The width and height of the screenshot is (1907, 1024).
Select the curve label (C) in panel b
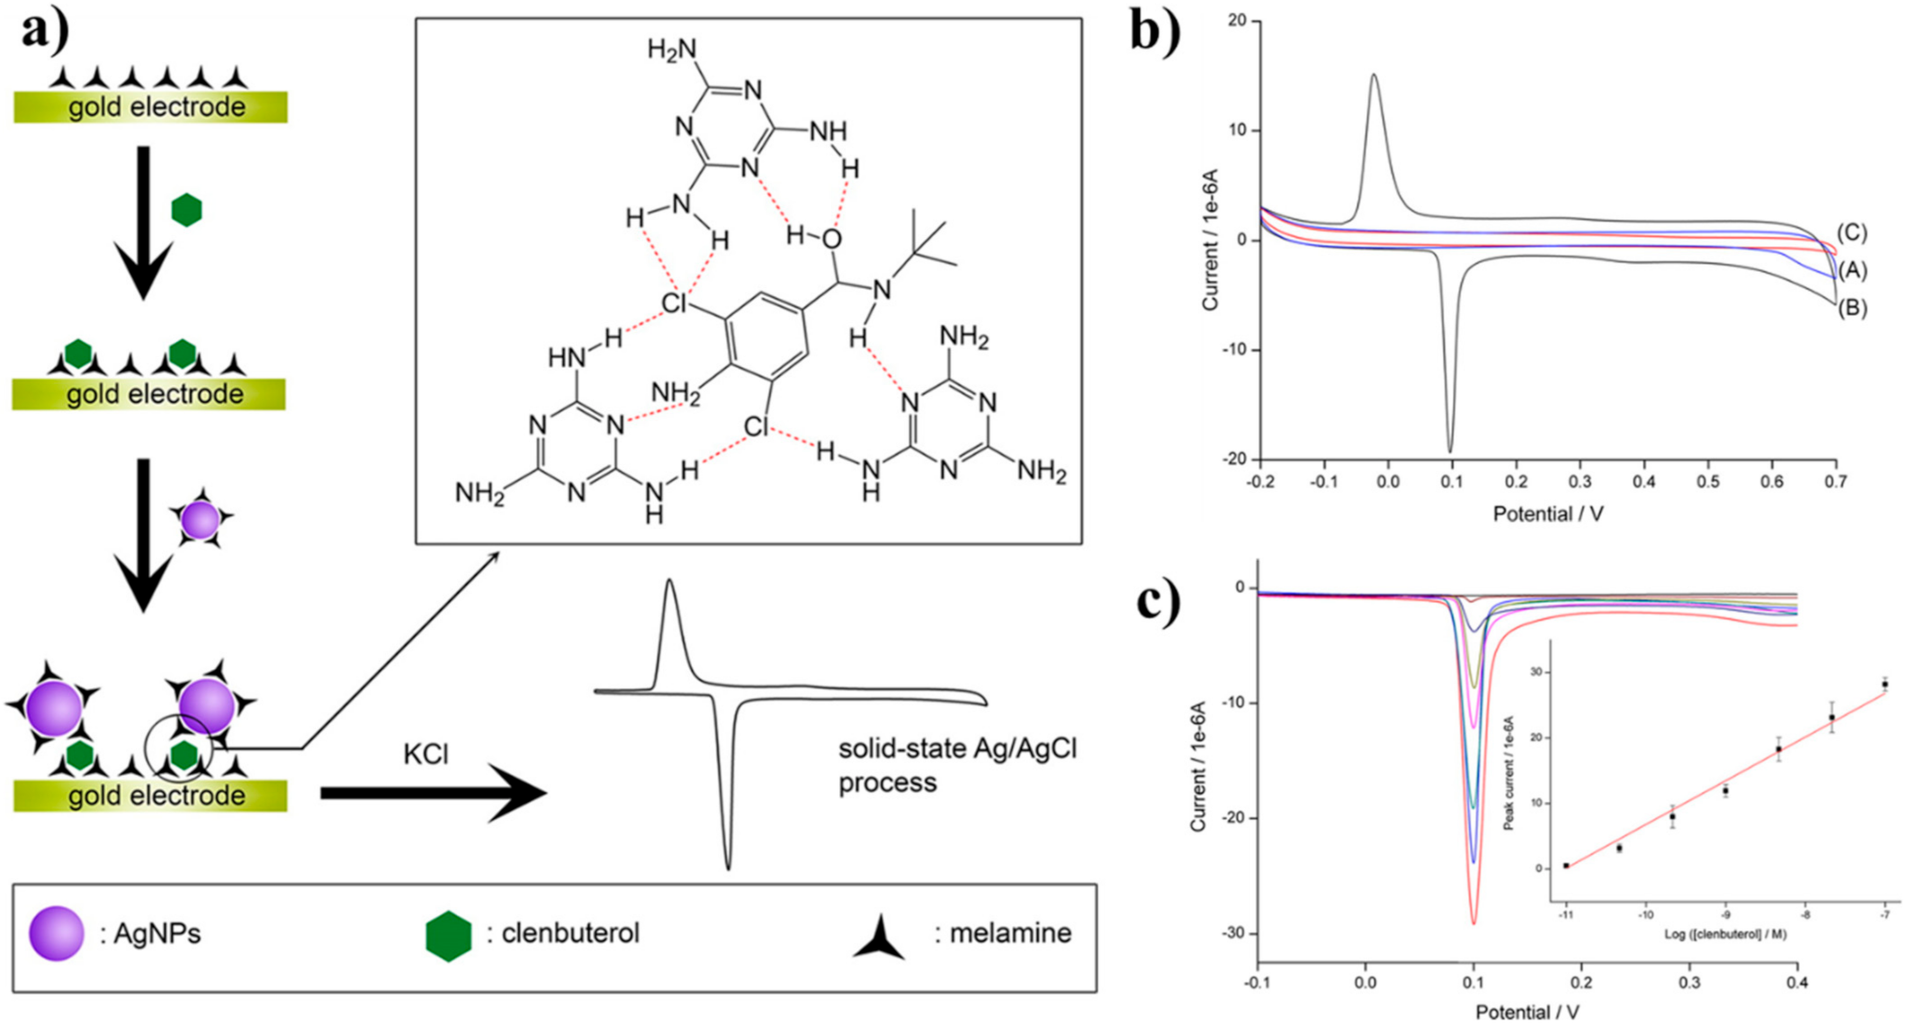tap(1851, 233)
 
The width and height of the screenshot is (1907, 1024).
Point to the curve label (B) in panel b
tap(1851, 308)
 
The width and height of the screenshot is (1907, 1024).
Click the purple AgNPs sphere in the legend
tap(57, 933)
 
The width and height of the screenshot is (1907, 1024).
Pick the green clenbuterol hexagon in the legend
tap(448, 936)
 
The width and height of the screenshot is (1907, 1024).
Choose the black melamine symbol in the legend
tap(879, 939)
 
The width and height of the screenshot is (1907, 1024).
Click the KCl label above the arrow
tap(425, 753)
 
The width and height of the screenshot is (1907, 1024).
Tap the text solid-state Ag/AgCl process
tap(957, 765)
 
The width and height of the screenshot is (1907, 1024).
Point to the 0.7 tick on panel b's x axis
tap(1835, 481)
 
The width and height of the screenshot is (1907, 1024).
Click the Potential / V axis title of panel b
tap(1548, 514)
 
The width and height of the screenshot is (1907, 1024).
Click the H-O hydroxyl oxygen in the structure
tap(832, 239)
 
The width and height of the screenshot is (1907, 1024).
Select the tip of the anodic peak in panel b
tap(1374, 75)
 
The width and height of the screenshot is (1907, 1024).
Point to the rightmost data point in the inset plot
tap(1885, 684)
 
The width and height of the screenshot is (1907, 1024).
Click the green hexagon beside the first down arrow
tap(186, 210)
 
